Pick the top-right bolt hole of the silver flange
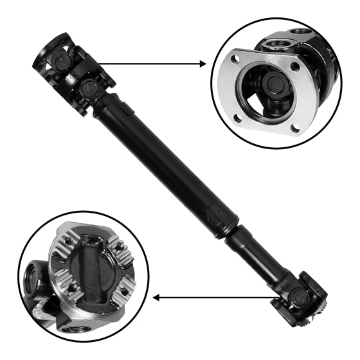coord(294,66)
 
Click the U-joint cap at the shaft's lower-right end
coord(298,296)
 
